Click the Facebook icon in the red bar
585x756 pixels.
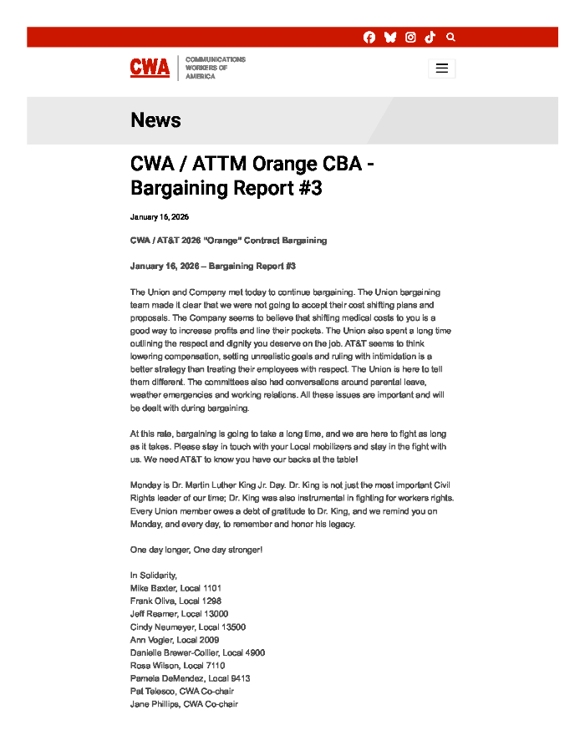click(369, 38)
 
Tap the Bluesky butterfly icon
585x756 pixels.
click(389, 38)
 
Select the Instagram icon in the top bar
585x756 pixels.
click(410, 38)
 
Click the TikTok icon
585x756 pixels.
click(430, 38)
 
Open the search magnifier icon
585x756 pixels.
click(451, 38)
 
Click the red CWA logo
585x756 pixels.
click(150, 68)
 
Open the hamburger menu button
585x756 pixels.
click(442, 68)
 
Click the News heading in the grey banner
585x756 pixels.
click(155, 120)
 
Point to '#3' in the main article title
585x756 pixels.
click(309, 188)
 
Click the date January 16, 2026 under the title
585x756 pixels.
click(160, 217)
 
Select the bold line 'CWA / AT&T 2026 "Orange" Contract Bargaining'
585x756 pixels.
click(228, 241)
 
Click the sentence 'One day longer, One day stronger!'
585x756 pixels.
click(196, 550)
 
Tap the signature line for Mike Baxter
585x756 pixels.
click(175, 588)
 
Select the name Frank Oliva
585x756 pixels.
click(153, 601)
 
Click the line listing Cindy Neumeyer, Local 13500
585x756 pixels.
click(187, 627)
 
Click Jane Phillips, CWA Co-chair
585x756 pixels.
click(184, 704)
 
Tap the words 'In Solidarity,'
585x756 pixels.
click(154, 576)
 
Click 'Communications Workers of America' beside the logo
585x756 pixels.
click(215, 68)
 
